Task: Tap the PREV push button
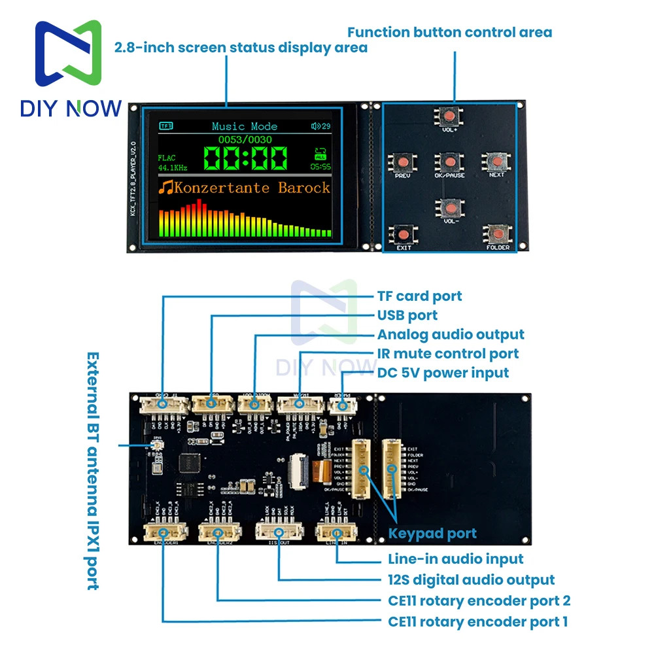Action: pyautogui.click(x=401, y=161)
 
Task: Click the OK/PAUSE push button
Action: pyautogui.click(x=449, y=161)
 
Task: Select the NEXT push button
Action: pyautogui.click(x=496, y=161)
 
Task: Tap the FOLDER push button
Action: pyautogui.click(x=498, y=233)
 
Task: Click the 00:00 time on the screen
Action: pyautogui.click(x=245, y=158)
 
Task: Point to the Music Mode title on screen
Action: pyautogui.click(x=245, y=126)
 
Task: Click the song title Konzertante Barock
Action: pyautogui.click(x=245, y=188)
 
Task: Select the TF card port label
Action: pyautogui.click(x=419, y=296)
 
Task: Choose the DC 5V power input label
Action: pyautogui.click(x=443, y=373)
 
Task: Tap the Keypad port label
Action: pyautogui.click(x=432, y=534)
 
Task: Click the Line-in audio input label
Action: pyautogui.click(x=455, y=559)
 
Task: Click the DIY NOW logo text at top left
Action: pyautogui.click(x=71, y=108)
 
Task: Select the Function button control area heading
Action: pyautogui.click(x=449, y=32)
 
